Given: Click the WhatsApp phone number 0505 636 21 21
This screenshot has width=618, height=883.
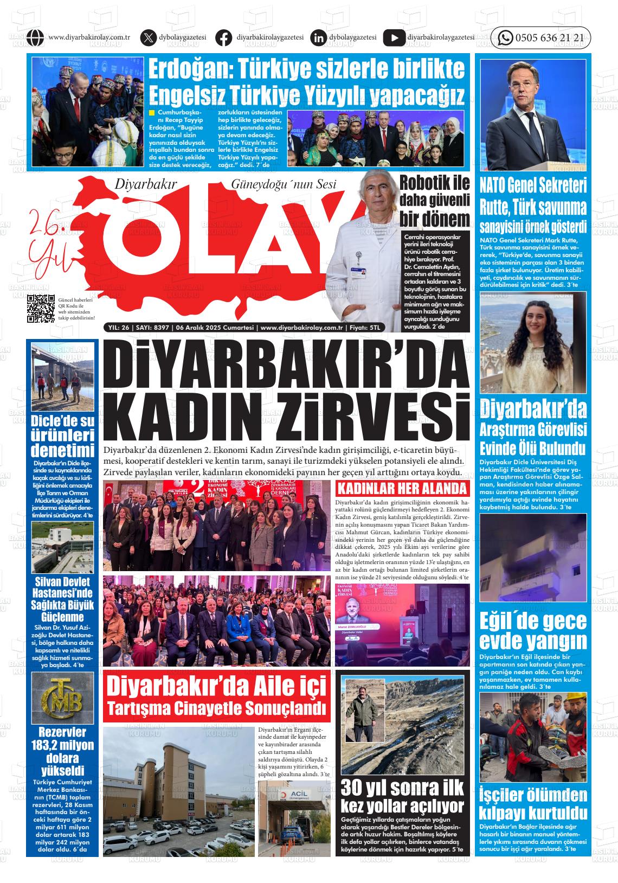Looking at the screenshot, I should pyautogui.click(x=549, y=38).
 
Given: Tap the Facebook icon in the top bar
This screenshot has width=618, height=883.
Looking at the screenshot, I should pyautogui.click(x=223, y=38).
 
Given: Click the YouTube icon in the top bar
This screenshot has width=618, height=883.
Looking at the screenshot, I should pyautogui.click(x=394, y=38).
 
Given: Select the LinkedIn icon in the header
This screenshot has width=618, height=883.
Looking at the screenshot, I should pyautogui.click(x=318, y=38).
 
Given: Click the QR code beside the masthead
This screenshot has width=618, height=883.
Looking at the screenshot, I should pyautogui.click(x=41, y=309).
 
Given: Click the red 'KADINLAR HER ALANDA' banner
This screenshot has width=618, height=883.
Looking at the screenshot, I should pyautogui.click(x=402, y=488).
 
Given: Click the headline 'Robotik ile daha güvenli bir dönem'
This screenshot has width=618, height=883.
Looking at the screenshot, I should pyautogui.click(x=434, y=201).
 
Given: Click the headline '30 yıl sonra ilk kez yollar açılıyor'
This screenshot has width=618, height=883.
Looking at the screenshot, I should pyautogui.click(x=402, y=796).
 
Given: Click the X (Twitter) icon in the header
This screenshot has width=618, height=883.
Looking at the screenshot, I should pyautogui.click(x=147, y=38).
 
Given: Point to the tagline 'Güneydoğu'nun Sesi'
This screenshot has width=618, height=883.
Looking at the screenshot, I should pyautogui.click(x=283, y=184).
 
